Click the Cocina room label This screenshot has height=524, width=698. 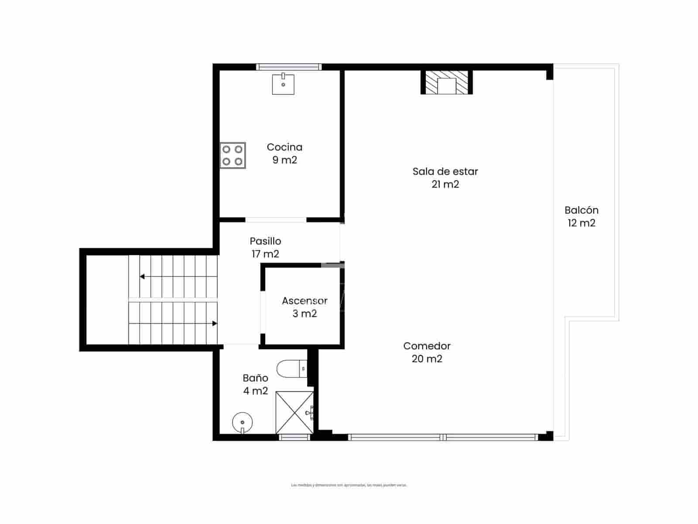pyautogui.click(x=284, y=147)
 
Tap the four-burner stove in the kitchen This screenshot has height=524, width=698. pyautogui.click(x=233, y=155)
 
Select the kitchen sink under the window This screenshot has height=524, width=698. pyautogui.click(x=283, y=84)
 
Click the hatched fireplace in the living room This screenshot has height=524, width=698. pyautogui.click(x=447, y=83)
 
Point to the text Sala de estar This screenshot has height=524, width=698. pyautogui.click(x=445, y=172)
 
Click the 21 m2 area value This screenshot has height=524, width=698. pyautogui.click(x=445, y=184)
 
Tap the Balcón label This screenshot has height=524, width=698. pyautogui.click(x=581, y=210)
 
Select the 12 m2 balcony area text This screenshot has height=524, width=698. pyautogui.click(x=581, y=223)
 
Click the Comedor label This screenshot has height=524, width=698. pyautogui.click(x=427, y=346)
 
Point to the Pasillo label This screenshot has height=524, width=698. pyautogui.click(x=265, y=241)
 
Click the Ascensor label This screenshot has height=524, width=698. pyautogui.click(x=305, y=301)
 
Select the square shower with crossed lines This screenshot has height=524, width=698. pyautogui.click(x=294, y=413)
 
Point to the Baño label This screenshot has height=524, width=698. pyautogui.click(x=255, y=378)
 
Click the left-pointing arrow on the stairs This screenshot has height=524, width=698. pyautogui.click(x=143, y=276)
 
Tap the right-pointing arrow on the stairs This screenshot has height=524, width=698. pyautogui.click(x=214, y=324)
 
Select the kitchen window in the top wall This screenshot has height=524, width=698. pyautogui.click(x=288, y=67)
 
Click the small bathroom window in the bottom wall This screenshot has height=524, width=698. pyautogui.click(x=294, y=437)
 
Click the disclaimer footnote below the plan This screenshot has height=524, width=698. pyautogui.click(x=349, y=485)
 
